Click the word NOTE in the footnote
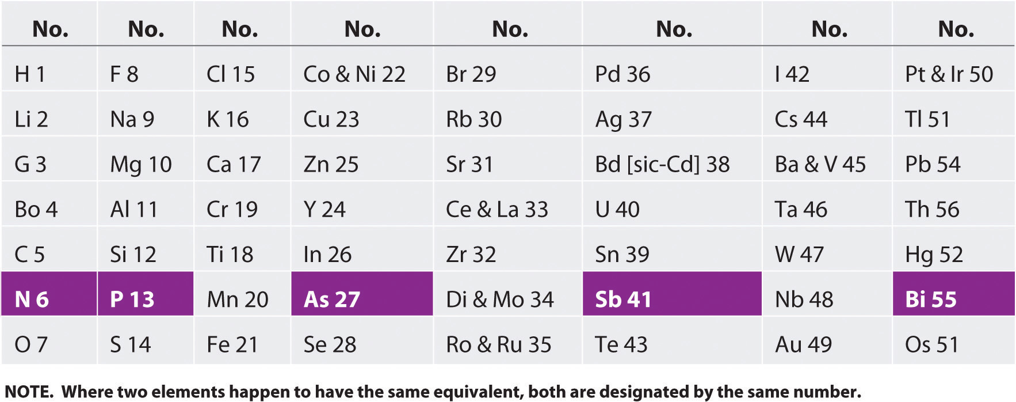[x=28, y=392]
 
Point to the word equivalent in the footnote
[x=478, y=392]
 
